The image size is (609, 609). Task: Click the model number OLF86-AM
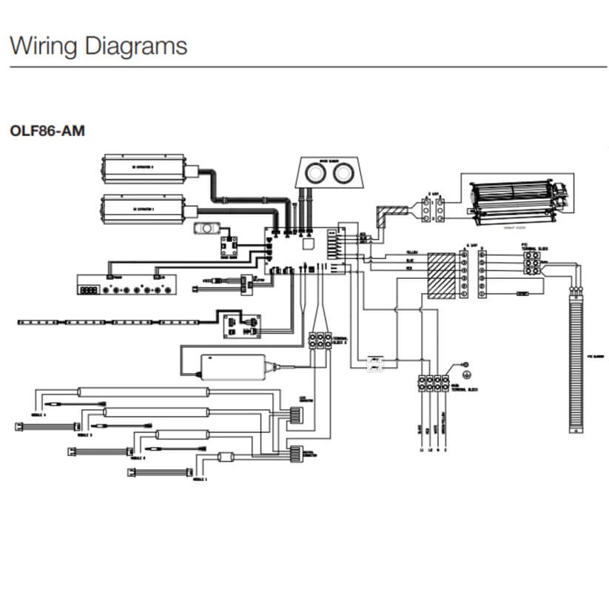[47, 131]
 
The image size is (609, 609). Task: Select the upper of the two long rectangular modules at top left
[145, 169]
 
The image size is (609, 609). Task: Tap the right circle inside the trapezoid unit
[343, 175]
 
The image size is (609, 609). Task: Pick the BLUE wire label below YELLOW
[411, 260]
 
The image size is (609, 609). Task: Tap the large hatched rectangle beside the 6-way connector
[441, 275]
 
